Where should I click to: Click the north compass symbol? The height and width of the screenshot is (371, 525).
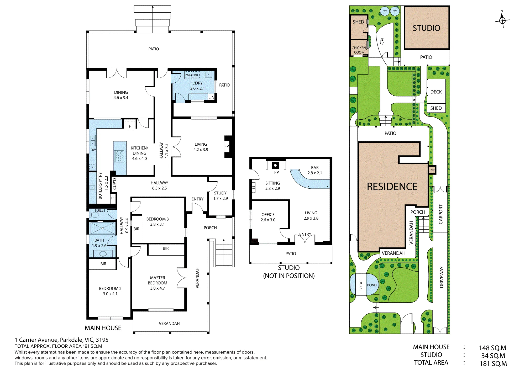point(502,19)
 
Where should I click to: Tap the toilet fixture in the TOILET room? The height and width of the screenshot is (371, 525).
point(94,215)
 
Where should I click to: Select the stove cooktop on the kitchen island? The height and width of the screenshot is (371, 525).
point(120,156)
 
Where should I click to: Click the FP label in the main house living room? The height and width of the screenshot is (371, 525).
point(227,146)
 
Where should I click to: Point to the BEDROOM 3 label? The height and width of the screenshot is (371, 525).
point(157,219)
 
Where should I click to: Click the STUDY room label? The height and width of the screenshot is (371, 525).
point(220,193)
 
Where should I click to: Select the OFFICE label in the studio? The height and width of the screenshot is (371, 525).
point(268,215)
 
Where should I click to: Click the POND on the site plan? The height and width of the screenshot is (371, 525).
point(372,285)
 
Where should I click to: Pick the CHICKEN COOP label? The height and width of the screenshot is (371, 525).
point(359,50)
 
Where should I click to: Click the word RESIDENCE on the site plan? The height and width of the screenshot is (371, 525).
point(392,187)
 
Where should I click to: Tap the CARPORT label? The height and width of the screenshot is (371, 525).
point(441,214)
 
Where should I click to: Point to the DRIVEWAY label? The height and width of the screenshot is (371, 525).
point(442,277)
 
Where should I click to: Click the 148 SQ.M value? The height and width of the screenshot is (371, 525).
point(492,348)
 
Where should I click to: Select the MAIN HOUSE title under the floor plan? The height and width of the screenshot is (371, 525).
point(103,328)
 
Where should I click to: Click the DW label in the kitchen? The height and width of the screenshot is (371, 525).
point(93,150)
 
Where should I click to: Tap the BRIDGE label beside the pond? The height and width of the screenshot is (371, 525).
point(361,285)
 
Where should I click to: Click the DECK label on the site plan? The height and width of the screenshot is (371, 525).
point(436,92)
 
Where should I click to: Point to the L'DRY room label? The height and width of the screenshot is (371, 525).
point(197,83)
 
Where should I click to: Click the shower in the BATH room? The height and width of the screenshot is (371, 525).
point(102,228)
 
